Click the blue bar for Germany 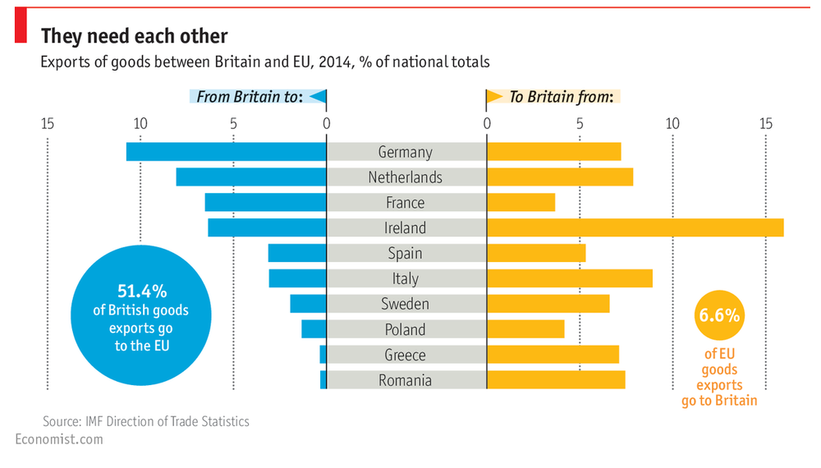(x=226, y=152)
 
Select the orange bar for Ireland (x=635, y=227)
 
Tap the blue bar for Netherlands (x=251, y=177)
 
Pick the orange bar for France (x=521, y=203)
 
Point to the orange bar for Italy (x=569, y=278)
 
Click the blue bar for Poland (x=314, y=329)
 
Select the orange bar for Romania (x=556, y=380)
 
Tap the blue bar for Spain (x=296, y=253)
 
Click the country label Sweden (x=405, y=305)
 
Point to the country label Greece (x=405, y=356)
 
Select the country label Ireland (x=405, y=228)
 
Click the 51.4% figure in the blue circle (x=141, y=291)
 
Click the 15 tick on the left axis (x=47, y=124)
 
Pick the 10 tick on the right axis (x=672, y=124)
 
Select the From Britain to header (x=250, y=97)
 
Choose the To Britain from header (x=561, y=97)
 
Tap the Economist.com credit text (x=59, y=439)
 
